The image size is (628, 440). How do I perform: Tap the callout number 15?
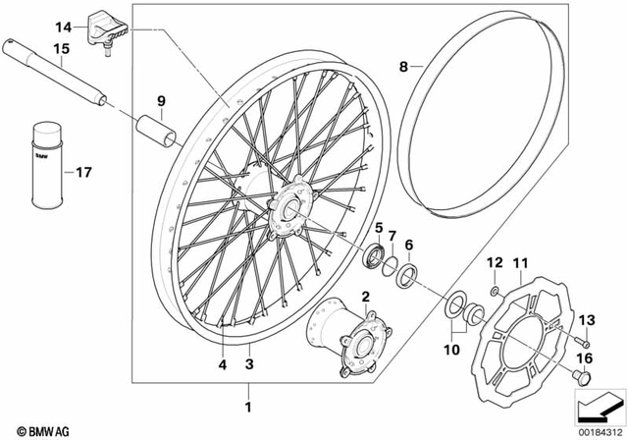coord(34,48)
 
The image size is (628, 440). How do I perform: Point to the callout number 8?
coord(402,67)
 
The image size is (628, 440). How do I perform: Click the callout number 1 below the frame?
coord(248,406)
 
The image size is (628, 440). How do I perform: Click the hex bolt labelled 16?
coord(581,378)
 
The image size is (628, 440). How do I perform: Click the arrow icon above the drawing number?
coord(598,404)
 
